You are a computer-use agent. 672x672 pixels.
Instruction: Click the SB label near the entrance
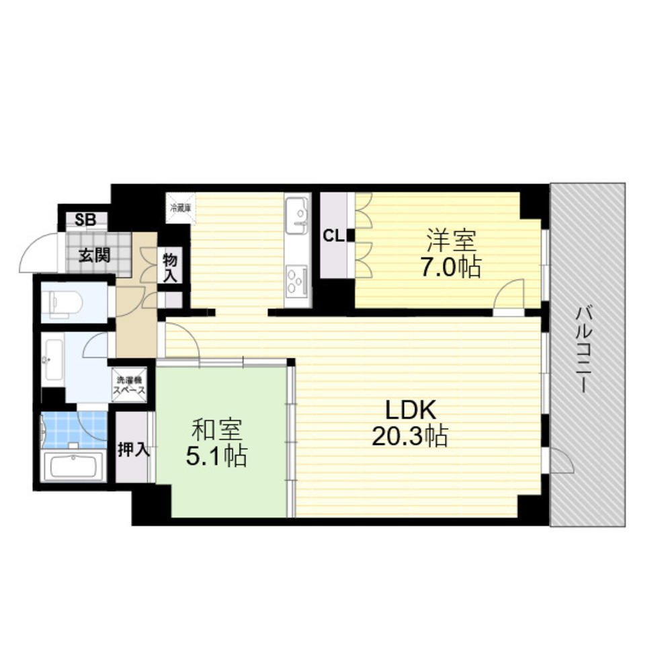pyautogui.click(x=85, y=218)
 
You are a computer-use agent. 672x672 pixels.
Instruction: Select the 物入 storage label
pyautogui.click(x=169, y=267)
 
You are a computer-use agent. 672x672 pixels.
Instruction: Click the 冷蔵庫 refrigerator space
pyautogui.click(x=180, y=206)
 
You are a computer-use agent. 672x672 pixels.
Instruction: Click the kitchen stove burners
pyautogui.click(x=297, y=280)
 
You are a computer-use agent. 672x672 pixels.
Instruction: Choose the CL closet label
pyautogui.click(x=334, y=236)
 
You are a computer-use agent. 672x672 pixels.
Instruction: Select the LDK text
pyautogui.click(x=410, y=410)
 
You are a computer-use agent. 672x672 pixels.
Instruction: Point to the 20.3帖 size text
pyautogui.click(x=410, y=437)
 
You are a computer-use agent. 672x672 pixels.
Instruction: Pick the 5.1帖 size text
pyautogui.click(x=216, y=457)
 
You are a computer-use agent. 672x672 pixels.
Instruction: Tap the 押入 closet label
pyautogui.click(x=133, y=449)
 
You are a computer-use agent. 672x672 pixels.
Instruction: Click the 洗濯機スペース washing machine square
pyautogui.click(x=130, y=385)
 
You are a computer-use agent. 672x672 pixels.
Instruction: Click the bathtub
pyautogui.click(x=72, y=466)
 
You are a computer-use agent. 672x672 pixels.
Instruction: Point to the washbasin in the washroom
pyautogui.click(x=52, y=360)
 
